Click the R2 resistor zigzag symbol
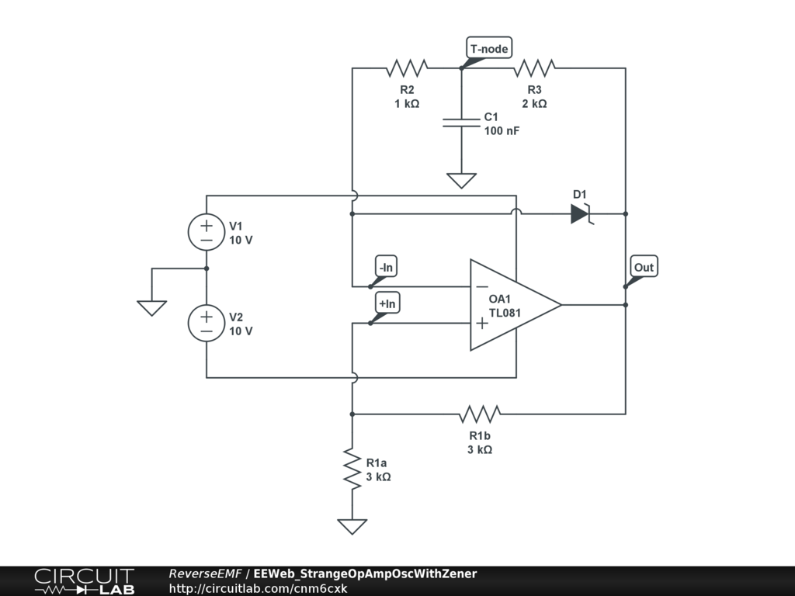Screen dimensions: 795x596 click(x=407, y=68)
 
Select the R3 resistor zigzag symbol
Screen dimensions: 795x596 click(x=534, y=68)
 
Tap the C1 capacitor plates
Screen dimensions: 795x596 click(x=461, y=123)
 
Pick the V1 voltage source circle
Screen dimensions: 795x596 click(x=207, y=232)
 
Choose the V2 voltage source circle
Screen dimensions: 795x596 click(x=207, y=324)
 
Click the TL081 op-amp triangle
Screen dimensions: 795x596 click(x=516, y=305)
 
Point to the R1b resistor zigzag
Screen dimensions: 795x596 click(x=480, y=414)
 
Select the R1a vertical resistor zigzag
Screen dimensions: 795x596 click(x=352, y=469)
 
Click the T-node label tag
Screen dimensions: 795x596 click(x=489, y=48)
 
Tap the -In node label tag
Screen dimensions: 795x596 click(x=386, y=267)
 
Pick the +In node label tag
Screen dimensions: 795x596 click(x=387, y=303)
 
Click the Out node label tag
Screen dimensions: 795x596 click(x=644, y=267)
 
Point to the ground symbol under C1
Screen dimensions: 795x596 click(x=461, y=180)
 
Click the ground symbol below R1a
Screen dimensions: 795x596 click(x=352, y=527)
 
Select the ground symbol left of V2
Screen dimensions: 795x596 click(x=151, y=308)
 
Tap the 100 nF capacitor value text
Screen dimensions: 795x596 click(x=502, y=130)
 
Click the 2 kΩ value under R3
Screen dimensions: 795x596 click(x=534, y=103)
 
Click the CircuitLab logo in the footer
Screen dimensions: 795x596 click(x=85, y=581)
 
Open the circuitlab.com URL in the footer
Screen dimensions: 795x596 click(x=258, y=588)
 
